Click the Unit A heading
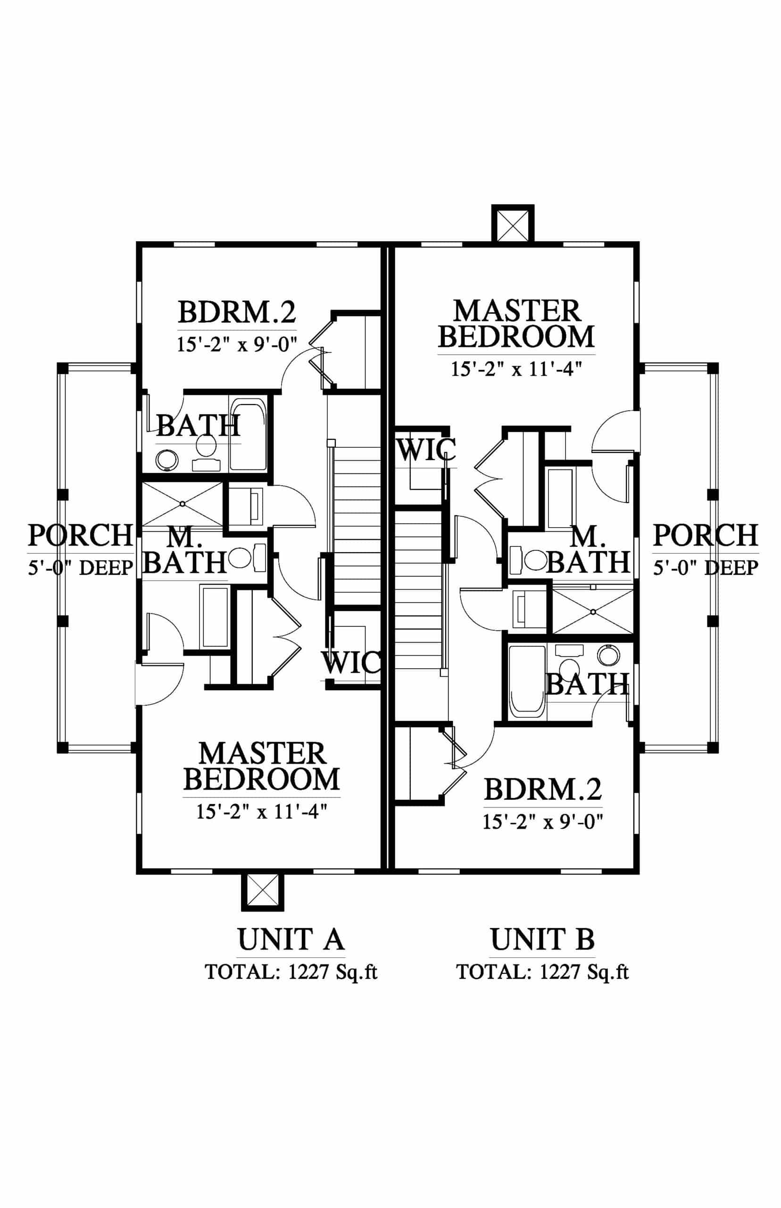(291, 939)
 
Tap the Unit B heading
(542, 939)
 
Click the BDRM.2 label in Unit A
(237, 312)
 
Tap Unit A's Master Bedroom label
(262, 767)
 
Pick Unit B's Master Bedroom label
(516, 324)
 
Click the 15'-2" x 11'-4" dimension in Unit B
(516, 369)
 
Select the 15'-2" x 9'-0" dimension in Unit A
(236, 344)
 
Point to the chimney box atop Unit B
(513, 223)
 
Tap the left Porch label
(80, 535)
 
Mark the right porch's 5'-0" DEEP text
(706, 567)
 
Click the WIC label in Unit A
(351, 662)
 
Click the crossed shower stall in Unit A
(182, 504)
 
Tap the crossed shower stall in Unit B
(593, 612)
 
